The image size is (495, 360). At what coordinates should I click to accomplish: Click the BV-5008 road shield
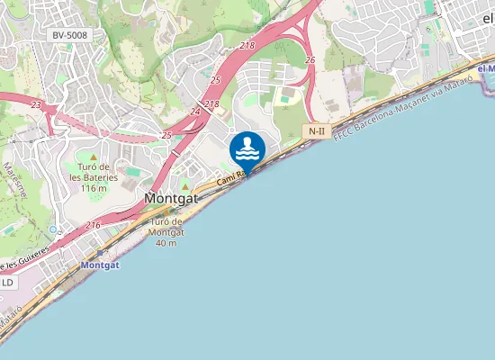[69, 35]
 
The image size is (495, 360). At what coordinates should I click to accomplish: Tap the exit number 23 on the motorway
[36, 105]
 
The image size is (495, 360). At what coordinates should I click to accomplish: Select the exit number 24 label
[196, 112]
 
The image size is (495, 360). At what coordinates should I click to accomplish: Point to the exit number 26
[310, 60]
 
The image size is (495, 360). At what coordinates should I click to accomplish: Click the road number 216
[94, 225]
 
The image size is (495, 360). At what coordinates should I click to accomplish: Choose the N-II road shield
[316, 131]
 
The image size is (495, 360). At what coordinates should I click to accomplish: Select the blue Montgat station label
[100, 265]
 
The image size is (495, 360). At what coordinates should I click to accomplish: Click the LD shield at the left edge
[7, 283]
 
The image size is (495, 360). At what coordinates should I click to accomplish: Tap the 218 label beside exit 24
[211, 104]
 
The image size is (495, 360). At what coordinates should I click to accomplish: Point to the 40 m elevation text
[166, 243]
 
